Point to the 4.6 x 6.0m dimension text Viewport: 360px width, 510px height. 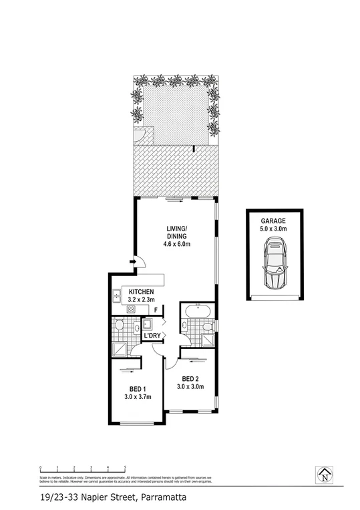click(x=177, y=245)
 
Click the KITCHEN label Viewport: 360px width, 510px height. click(x=142, y=292)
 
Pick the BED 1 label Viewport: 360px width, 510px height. click(x=138, y=388)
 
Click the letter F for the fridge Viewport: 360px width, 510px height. click(x=156, y=310)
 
